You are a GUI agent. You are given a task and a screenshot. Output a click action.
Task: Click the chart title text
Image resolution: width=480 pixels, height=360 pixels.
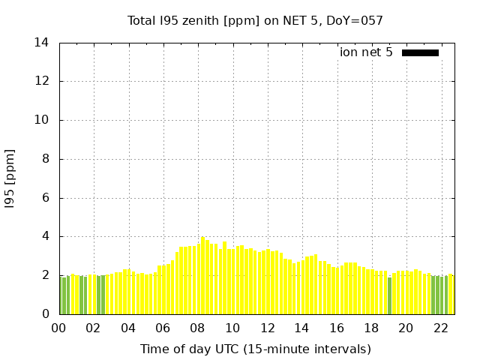[255, 20]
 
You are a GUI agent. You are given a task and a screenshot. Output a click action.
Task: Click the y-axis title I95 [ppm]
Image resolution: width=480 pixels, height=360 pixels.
[10, 178]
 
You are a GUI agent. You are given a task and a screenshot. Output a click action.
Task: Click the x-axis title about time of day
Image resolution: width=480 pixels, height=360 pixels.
[255, 349]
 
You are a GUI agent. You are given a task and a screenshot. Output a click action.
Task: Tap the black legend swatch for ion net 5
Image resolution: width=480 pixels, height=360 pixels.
[420, 52]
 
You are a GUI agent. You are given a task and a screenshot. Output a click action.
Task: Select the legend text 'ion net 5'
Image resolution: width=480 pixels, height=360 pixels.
[366, 52]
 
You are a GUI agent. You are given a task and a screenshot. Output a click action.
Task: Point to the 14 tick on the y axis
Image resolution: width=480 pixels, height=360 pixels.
[42, 43]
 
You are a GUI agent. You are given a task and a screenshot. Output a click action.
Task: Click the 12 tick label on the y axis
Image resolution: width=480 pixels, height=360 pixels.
[42, 81]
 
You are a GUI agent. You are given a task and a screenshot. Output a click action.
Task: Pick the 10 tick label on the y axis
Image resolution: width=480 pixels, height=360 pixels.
[42, 120]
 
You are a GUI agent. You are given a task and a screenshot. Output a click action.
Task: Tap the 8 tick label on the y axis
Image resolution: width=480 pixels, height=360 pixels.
[46, 159]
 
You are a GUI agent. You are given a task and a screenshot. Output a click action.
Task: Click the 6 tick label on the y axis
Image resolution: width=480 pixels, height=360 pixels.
[46, 198]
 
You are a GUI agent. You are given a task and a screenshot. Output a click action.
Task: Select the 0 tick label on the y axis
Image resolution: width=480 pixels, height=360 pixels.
[46, 314]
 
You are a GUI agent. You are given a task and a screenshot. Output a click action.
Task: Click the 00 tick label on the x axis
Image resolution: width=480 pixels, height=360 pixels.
[59, 328]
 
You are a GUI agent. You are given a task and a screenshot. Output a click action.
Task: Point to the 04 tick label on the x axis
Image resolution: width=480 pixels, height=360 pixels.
[128, 328]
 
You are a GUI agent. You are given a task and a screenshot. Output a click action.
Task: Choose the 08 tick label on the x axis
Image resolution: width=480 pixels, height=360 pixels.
[198, 328]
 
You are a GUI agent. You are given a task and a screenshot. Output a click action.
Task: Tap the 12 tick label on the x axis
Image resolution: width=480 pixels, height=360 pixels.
[267, 328]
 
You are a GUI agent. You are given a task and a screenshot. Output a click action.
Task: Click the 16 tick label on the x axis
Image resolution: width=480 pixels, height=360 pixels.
[337, 328]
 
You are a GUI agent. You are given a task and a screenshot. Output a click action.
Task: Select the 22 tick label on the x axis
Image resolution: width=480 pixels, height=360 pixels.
[440, 328]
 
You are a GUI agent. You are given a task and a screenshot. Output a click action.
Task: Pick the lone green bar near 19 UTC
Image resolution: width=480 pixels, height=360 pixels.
[389, 296]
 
